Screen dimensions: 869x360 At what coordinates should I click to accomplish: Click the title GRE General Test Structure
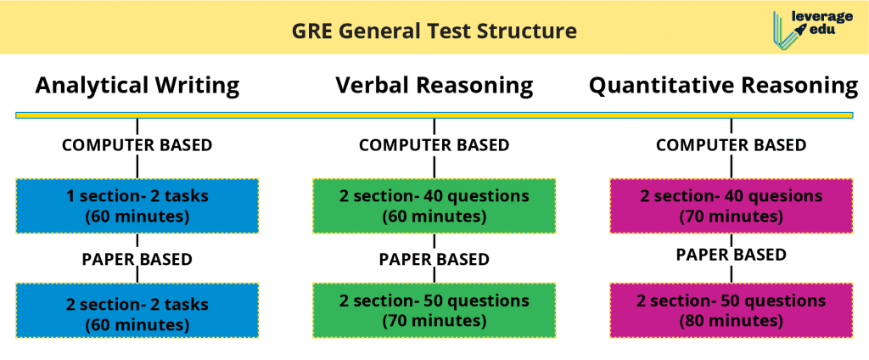[x=434, y=31]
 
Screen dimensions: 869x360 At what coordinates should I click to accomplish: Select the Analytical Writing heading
[x=137, y=86]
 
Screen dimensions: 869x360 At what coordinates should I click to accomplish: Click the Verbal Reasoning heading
[x=434, y=86]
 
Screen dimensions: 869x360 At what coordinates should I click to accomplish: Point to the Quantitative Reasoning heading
[x=723, y=86]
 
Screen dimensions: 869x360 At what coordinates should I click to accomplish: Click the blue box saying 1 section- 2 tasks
[x=137, y=205]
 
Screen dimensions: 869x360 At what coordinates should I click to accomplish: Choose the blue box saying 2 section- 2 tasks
[x=137, y=311]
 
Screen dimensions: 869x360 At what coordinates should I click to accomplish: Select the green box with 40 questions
[x=434, y=205]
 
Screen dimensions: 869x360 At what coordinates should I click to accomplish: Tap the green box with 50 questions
[x=434, y=311]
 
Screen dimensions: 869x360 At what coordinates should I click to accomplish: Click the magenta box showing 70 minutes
[x=731, y=205]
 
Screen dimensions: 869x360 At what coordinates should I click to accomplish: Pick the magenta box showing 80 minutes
[x=731, y=311]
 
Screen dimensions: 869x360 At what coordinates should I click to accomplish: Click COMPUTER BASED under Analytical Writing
[x=137, y=145]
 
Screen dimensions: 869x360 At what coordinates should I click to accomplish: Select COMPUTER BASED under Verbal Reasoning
[x=434, y=145]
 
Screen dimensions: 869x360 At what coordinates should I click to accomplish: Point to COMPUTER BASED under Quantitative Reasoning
[x=731, y=145]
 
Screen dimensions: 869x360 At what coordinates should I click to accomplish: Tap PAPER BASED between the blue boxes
[x=137, y=259]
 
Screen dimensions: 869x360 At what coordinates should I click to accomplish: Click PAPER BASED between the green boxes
[x=434, y=259]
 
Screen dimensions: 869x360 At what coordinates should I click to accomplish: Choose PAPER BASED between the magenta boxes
[x=731, y=255]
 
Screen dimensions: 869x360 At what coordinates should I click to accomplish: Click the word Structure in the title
[x=527, y=31]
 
